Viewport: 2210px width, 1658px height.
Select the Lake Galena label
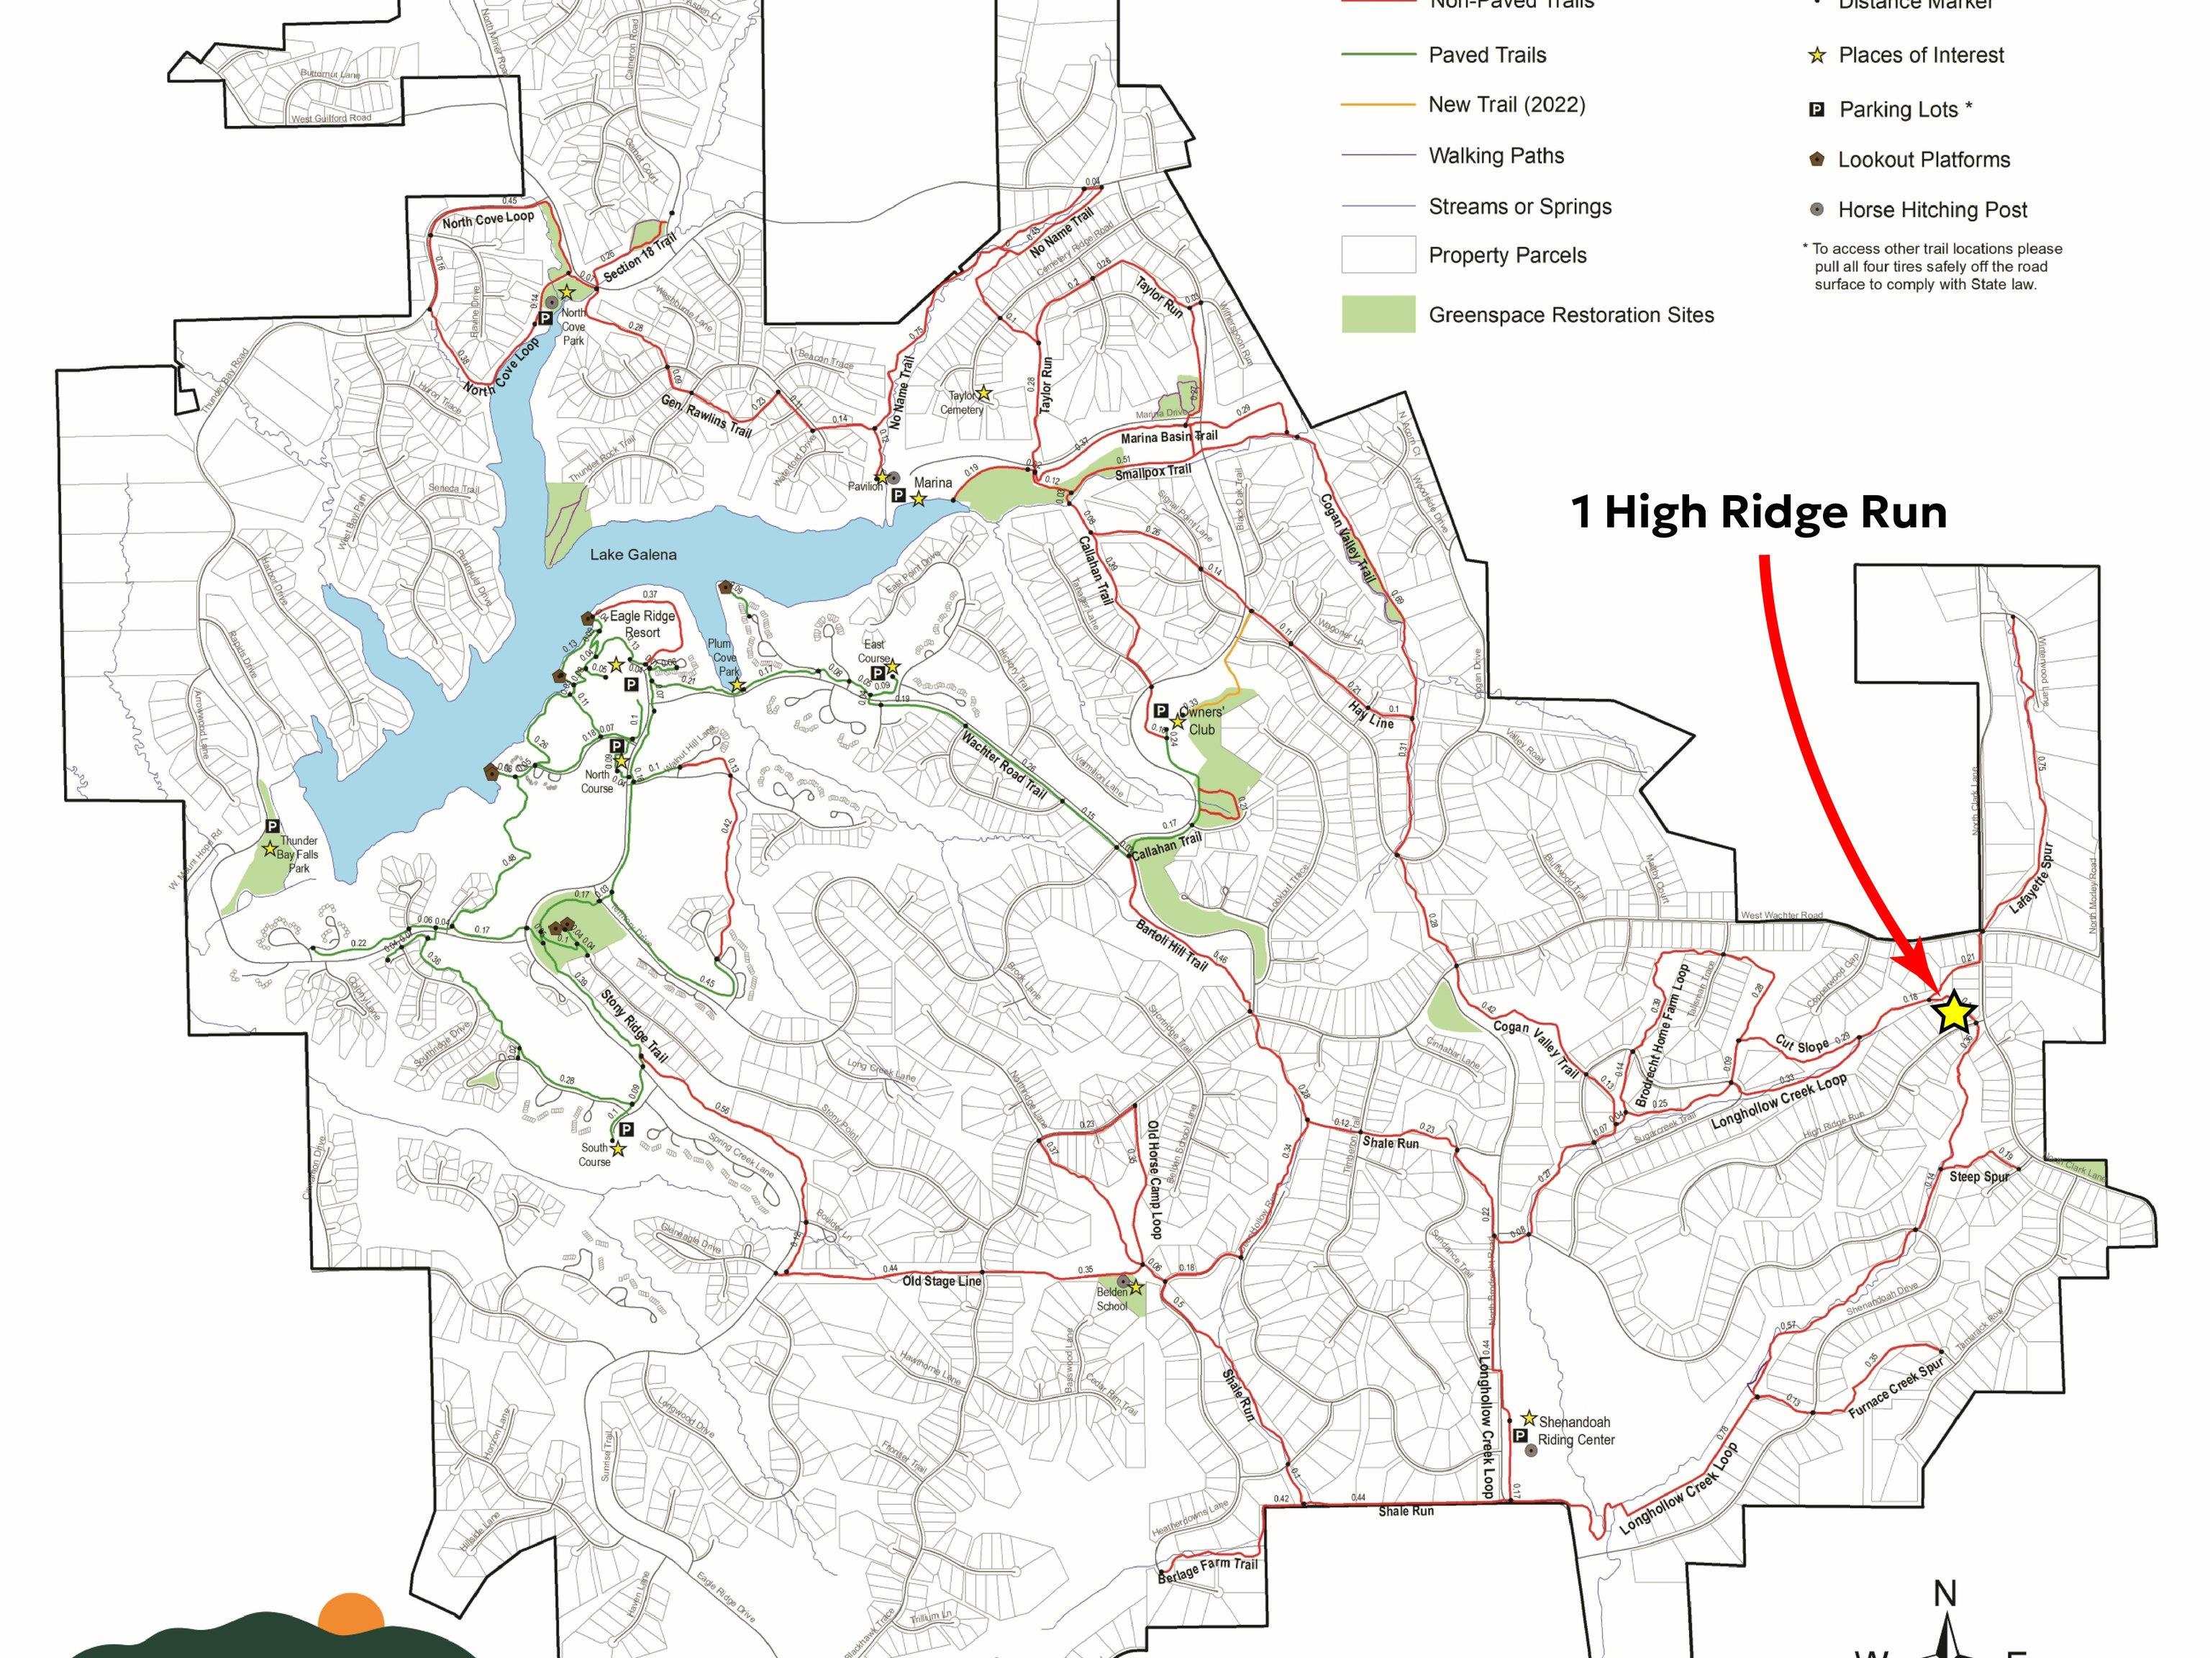click(x=632, y=555)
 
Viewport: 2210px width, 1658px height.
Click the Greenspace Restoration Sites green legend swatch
click(x=1378, y=314)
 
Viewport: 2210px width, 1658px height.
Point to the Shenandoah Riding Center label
click(x=1575, y=1430)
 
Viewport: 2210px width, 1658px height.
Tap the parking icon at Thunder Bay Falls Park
click(x=272, y=827)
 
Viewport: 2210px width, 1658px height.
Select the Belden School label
click(x=1112, y=1299)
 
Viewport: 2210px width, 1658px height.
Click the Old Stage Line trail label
click(x=942, y=1281)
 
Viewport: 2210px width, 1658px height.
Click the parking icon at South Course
click(x=627, y=1129)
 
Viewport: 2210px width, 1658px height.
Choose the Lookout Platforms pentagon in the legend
click(x=1817, y=159)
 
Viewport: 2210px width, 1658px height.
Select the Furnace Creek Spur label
click(x=1896, y=1388)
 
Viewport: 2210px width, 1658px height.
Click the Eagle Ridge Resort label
click(x=642, y=624)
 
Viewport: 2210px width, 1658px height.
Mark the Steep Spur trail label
click(x=1979, y=1177)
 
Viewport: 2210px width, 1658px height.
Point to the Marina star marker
click(x=918, y=498)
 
